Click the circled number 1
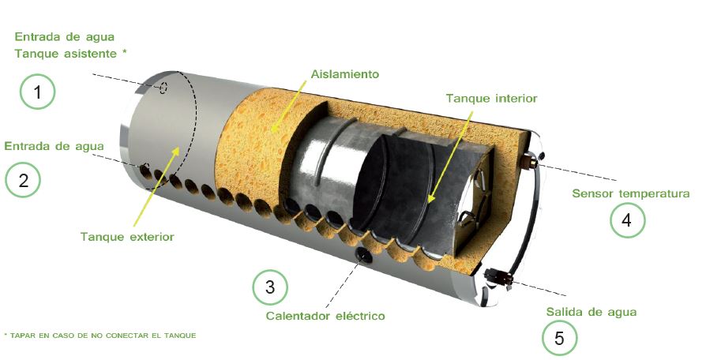pyautogui.click(x=37, y=92)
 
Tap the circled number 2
pyautogui.click(x=23, y=180)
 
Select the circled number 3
pyautogui.click(x=270, y=287)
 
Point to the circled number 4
pyautogui.click(x=627, y=220)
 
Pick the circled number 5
pyautogui.click(x=559, y=338)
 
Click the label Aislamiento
pyautogui.click(x=345, y=73)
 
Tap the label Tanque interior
pyautogui.click(x=492, y=98)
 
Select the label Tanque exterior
pyautogui.click(x=127, y=237)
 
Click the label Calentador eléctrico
pyautogui.click(x=325, y=316)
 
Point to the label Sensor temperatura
pyautogui.click(x=631, y=193)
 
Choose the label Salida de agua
pyautogui.click(x=591, y=312)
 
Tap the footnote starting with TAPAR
pyautogui.click(x=100, y=336)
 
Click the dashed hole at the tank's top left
pyautogui.click(x=163, y=88)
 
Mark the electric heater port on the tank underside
pyautogui.click(x=363, y=255)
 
